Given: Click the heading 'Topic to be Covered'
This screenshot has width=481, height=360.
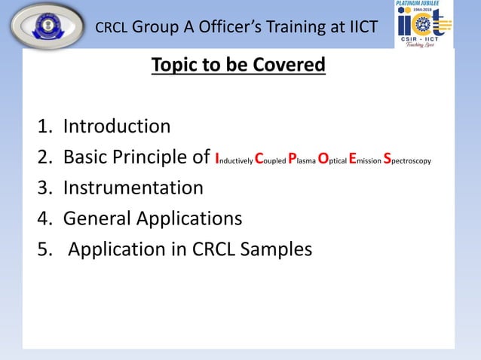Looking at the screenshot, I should click(x=238, y=66).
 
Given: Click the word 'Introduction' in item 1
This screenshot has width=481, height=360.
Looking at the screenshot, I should click(x=116, y=126).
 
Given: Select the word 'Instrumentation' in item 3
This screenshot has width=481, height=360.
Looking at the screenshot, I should click(x=133, y=188).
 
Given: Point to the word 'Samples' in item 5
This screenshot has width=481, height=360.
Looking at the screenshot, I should click(x=276, y=249).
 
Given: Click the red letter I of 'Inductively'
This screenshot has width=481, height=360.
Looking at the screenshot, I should click(x=217, y=157).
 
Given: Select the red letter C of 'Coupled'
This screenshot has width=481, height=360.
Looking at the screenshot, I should click(x=259, y=157).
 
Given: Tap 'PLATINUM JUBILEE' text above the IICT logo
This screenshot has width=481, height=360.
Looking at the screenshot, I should click(x=423, y=4).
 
